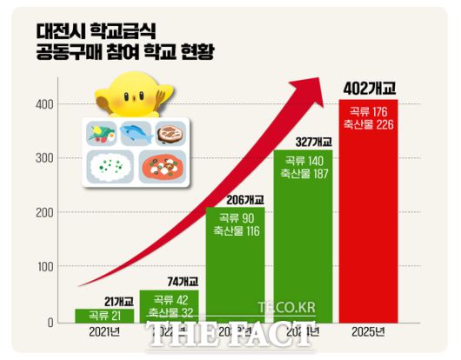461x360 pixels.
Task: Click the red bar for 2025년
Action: point(373,226)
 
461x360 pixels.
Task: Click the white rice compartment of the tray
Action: point(108,165)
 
